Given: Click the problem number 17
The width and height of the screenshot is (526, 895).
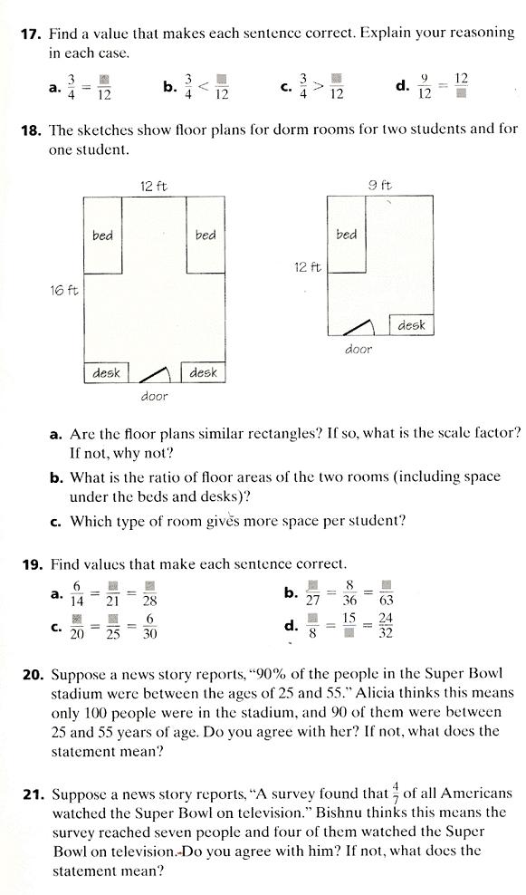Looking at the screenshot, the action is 30,34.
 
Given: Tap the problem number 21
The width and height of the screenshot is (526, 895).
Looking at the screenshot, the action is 33,794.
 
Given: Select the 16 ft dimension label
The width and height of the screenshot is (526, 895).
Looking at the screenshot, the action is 62,291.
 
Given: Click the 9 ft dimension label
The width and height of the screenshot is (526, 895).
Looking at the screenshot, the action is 379,186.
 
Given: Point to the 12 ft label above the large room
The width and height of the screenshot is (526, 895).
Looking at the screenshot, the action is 153,186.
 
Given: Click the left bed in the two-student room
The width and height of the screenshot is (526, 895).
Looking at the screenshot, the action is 102,235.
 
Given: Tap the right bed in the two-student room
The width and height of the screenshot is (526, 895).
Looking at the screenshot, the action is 206,235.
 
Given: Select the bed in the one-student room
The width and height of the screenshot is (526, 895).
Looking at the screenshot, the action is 347,234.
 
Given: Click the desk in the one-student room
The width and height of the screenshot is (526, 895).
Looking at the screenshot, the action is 411,324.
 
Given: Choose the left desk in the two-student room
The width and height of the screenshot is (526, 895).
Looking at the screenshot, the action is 107,372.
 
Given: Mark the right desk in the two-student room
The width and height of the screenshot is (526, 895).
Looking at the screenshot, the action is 204,372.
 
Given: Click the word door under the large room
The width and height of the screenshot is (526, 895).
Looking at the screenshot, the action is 154,396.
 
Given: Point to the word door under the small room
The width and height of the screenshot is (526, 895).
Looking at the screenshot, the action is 359,348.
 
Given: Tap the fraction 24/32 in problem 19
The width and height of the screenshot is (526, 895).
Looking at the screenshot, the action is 386,625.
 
